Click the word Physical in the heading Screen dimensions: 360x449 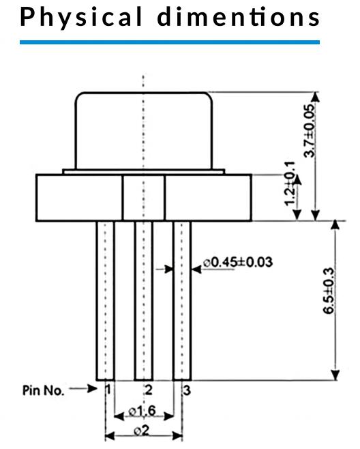point(81,17)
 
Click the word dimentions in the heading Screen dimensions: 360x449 point(239,16)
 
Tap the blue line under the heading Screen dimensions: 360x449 point(170,42)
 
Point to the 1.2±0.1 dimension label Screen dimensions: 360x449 point(289,184)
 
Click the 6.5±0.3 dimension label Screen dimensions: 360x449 point(329,291)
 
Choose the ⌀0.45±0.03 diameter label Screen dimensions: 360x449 point(238,262)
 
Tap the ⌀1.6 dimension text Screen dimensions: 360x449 point(142,411)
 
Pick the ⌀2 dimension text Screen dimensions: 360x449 point(142,431)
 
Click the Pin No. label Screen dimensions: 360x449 point(43,390)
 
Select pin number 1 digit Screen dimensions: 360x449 point(108,390)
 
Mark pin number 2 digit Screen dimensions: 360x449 point(149,390)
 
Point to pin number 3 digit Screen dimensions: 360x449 point(187,390)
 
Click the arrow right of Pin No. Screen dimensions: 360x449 point(83,388)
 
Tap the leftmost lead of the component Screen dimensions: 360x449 point(105,301)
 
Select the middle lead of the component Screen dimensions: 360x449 point(144,301)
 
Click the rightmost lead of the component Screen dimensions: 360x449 point(182,301)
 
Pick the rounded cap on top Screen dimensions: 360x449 point(144,130)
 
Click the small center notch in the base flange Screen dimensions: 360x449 point(144,198)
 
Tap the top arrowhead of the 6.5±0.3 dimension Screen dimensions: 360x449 point(335,224)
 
